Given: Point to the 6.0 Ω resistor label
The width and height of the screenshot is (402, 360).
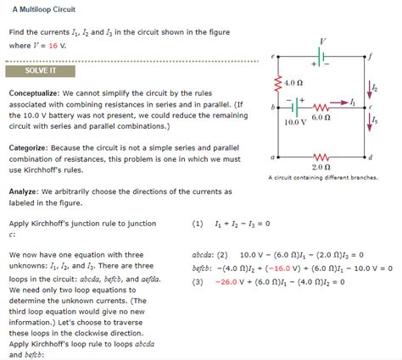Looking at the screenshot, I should click(x=321, y=117).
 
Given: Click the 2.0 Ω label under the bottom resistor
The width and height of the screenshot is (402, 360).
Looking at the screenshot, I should click(x=321, y=168).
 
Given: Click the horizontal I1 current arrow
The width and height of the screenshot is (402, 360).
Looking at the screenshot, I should click(x=340, y=102).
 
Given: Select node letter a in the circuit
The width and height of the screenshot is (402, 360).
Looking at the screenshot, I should click(x=271, y=158).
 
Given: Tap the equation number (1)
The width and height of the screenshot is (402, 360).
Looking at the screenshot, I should click(x=198, y=224).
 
